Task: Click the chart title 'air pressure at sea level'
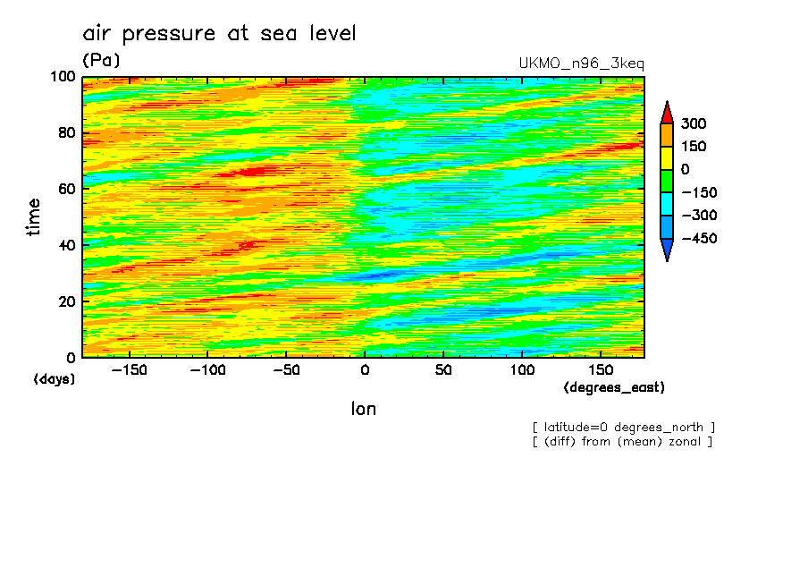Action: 219,34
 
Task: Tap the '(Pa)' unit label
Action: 101,61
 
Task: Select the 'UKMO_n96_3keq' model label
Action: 581,64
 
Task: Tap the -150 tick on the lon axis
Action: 130,370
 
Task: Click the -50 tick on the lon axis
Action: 287,370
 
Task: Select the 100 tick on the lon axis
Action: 523,370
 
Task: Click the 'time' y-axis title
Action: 35,217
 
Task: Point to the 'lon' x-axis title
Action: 363,409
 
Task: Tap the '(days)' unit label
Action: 55,379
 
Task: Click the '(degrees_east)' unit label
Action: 614,388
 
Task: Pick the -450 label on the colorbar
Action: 697,238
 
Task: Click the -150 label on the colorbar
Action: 697,192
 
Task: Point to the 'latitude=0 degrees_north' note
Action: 624,427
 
